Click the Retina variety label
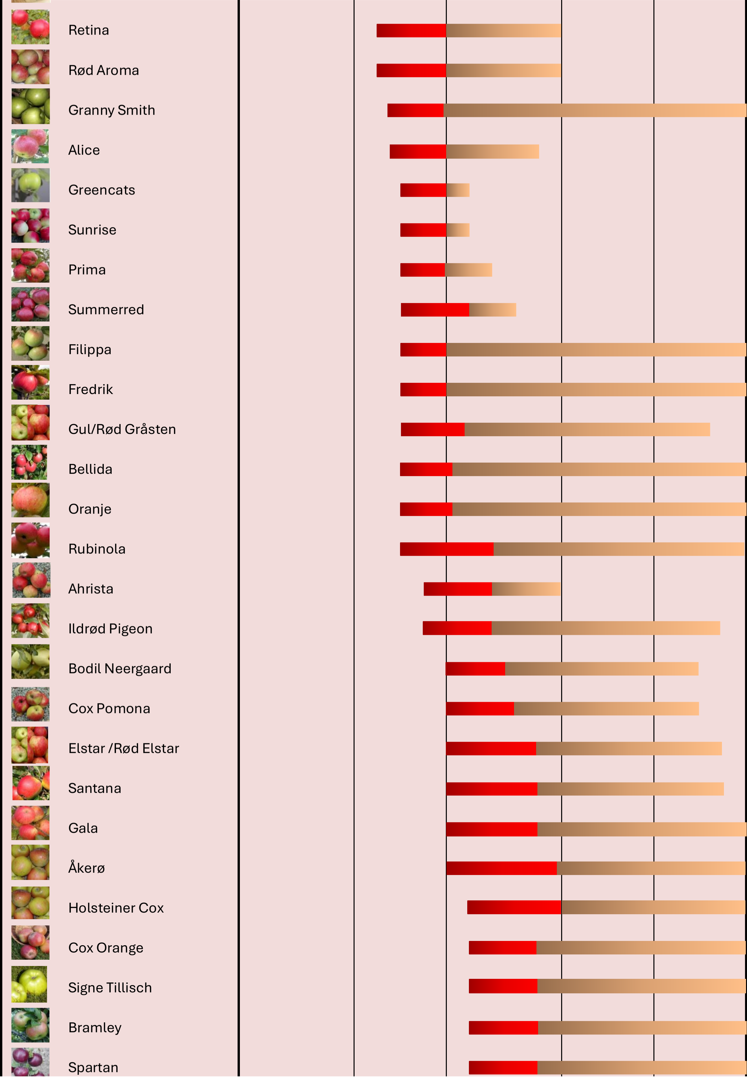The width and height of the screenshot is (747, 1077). (x=88, y=30)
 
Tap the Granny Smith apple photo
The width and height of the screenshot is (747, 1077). (x=30, y=107)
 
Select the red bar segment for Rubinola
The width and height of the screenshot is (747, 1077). (x=446, y=549)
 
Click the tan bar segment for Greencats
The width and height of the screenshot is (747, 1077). (x=458, y=190)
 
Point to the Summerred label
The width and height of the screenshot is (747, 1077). (x=106, y=310)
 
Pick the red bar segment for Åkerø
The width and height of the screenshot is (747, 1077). (x=501, y=868)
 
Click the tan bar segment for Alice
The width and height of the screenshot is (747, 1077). (x=492, y=152)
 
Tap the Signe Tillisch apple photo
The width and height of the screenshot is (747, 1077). (x=29, y=984)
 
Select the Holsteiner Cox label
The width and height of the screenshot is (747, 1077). (x=116, y=908)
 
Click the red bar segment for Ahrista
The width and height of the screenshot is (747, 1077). (x=458, y=589)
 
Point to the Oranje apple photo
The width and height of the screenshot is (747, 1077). (x=30, y=500)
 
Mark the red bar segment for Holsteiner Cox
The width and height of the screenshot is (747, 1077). (x=514, y=908)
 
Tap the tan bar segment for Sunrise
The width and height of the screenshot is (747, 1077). (x=458, y=230)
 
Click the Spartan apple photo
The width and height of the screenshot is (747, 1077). (x=30, y=1063)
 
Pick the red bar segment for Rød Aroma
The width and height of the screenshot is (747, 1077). (x=411, y=70)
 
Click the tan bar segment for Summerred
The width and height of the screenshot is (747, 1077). (x=492, y=310)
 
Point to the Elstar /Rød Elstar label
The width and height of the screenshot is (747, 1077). (x=124, y=749)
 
